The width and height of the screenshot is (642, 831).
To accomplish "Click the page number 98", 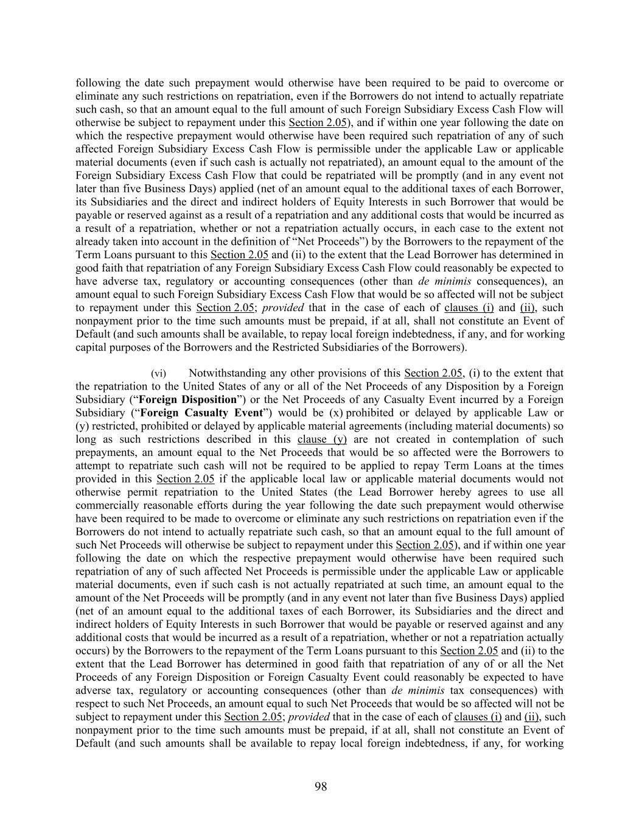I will pyautogui.click(x=321, y=787).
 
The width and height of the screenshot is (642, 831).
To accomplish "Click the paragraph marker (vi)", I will pyautogui.click(x=158, y=373).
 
